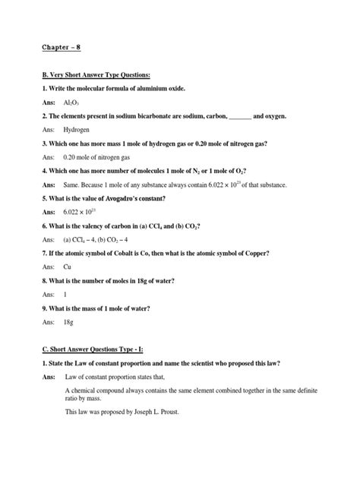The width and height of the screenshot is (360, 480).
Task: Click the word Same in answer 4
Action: coord(75,185)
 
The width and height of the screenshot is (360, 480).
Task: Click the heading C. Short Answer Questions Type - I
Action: coord(99,349)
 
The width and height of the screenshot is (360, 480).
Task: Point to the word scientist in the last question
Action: coord(222,363)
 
